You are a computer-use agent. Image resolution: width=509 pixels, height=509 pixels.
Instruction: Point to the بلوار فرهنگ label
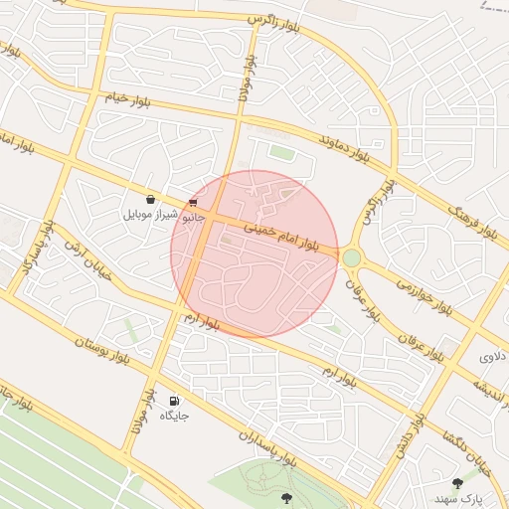[x=471, y=222]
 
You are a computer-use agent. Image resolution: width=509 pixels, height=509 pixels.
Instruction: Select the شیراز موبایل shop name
[x=152, y=214]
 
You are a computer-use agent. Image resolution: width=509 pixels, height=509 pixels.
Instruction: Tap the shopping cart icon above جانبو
[x=192, y=202]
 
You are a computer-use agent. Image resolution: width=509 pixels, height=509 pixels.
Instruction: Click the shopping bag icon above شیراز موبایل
[x=150, y=200]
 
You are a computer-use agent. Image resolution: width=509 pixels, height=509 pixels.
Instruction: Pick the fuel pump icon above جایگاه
[x=174, y=400]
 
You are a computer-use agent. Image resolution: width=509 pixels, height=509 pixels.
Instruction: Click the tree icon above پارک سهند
[x=457, y=482]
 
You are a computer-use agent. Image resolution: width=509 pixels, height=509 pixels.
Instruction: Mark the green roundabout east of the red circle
[x=351, y=258]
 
